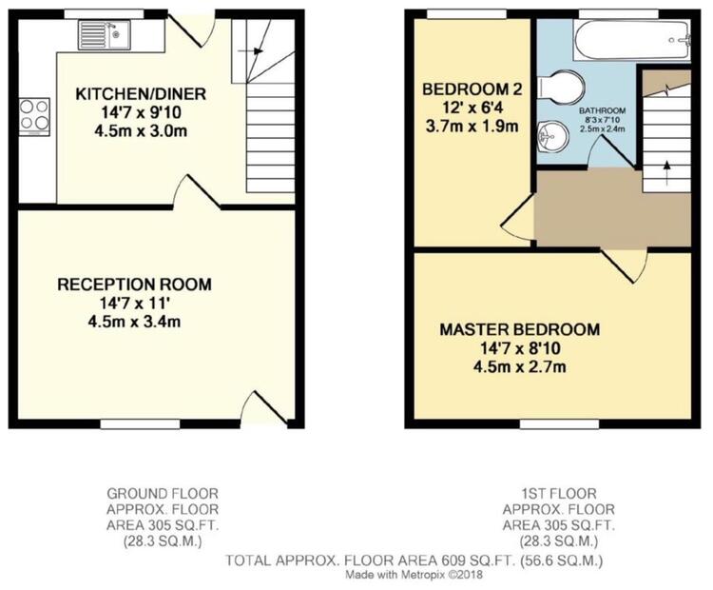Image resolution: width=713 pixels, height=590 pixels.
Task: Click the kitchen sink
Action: [x=105, y=34]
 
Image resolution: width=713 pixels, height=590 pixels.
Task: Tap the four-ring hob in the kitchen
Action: [x=34, y=116]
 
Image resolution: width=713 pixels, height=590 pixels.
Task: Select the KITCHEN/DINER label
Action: [x=141, y=94]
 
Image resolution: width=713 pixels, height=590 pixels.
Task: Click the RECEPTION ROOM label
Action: [x=135, y=285]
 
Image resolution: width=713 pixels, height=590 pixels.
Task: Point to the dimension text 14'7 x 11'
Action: [x=135, y=303]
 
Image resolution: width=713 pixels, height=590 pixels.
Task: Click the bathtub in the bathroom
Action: [x=632, y=40]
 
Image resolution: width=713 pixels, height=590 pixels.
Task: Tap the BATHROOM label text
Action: [x=602, y=110]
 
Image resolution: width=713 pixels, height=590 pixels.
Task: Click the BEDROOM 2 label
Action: [x=472, y=89]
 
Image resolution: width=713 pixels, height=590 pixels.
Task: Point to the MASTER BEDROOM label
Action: [x=520, y=329]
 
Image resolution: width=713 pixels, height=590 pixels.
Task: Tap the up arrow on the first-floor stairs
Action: [x=667, y=173]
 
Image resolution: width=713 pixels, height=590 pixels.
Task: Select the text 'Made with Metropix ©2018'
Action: [x=414, y=575]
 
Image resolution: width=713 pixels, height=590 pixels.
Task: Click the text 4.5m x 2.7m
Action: [x=520, y=366]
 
